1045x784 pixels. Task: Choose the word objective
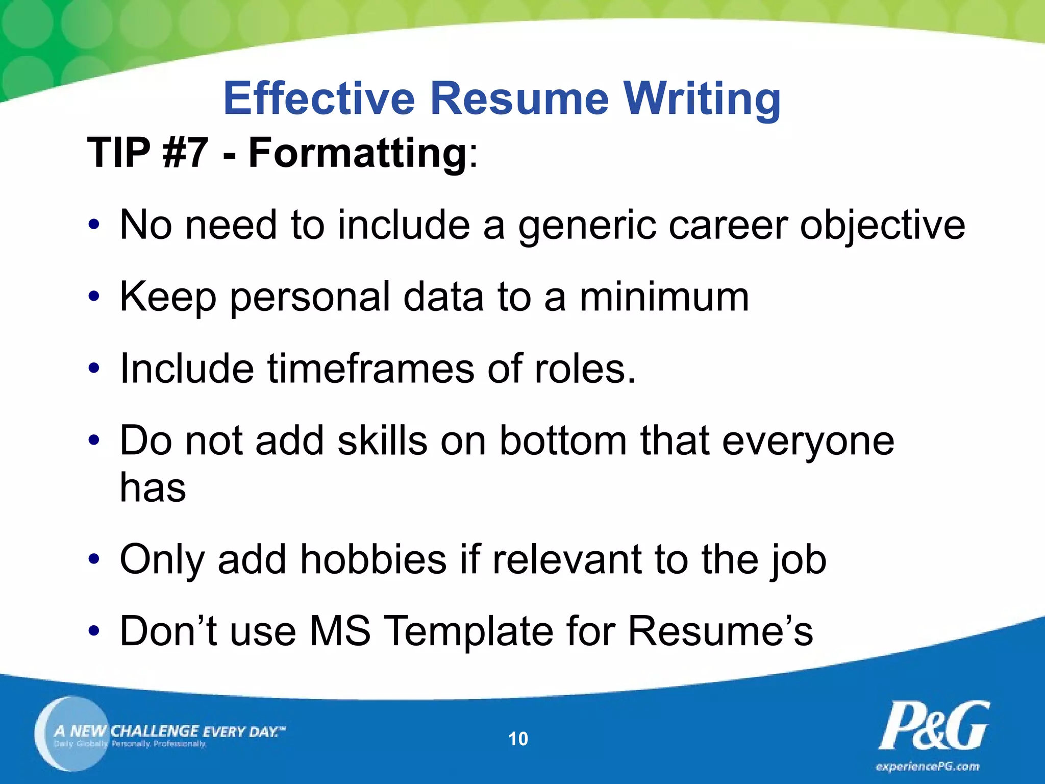click(882, 226)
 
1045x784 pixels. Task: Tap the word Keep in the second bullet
click(168, 298)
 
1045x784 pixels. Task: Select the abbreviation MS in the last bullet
click(340, 631)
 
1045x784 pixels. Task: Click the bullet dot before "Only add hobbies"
click(93, 560)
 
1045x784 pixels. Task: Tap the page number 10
click(518, 739)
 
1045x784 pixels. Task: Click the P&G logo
click(933, 725)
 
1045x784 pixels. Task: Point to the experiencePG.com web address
click(928, 767)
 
